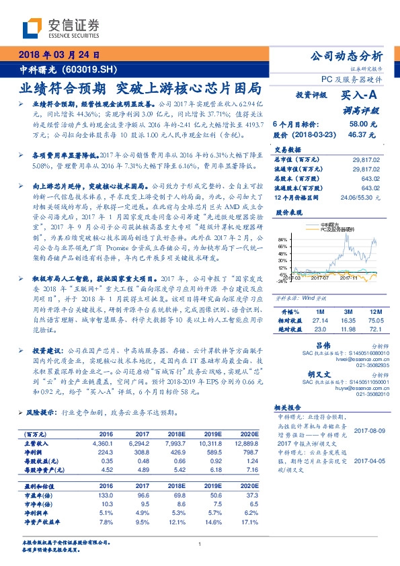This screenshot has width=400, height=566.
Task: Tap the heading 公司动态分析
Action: (348, 56)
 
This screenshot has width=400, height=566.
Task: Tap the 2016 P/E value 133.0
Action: (106, 495)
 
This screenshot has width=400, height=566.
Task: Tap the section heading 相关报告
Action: (290, 407)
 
